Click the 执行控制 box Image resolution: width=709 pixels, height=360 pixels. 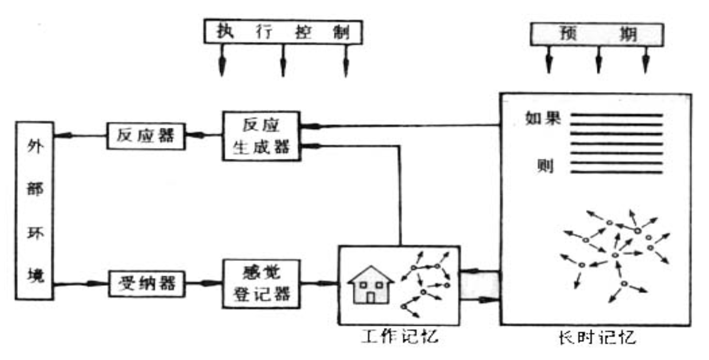(x=283, y=31)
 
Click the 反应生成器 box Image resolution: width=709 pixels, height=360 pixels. (x=261, y=136)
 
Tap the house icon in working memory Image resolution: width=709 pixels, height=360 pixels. (x=371, y=286)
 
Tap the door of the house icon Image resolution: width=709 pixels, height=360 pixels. (x=371, y=297)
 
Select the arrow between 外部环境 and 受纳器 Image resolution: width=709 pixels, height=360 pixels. (x=81, y=283)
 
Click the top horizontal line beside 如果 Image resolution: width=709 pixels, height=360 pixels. (x=617, y=114)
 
